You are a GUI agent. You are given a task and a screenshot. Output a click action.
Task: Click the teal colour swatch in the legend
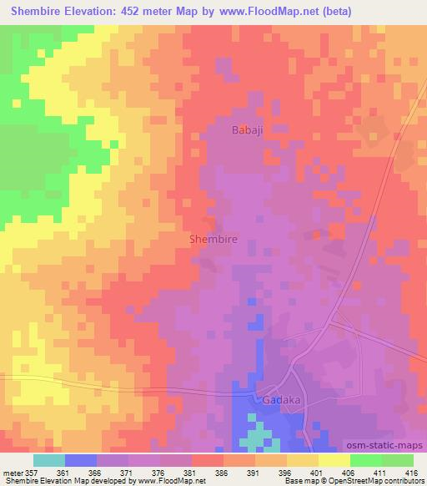point(49,460)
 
